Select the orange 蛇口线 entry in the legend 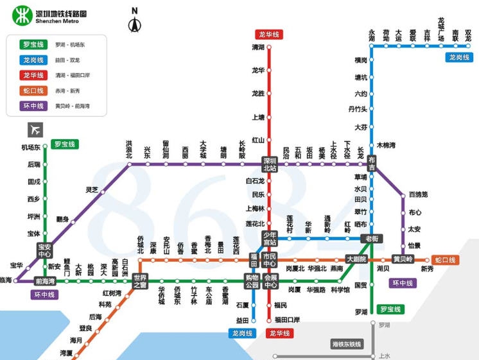(33, 90)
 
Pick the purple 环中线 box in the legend (33, 106)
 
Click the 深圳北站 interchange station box (269, 164)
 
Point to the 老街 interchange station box (372, 238)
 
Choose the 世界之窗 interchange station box (140, 280)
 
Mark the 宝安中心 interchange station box (45, 250)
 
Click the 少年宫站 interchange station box (270, 238)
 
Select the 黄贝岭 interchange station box (403, 259)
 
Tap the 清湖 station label (258, 47)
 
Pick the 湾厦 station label (66, 353)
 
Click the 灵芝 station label (92, 190)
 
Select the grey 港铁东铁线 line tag (347, 344)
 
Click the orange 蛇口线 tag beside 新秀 (445, 260)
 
